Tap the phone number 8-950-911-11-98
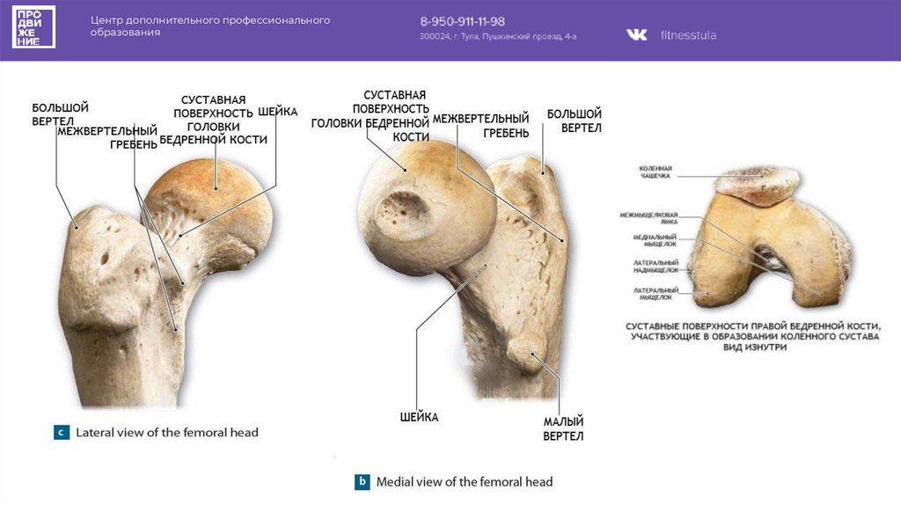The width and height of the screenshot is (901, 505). click(x=462, y=21)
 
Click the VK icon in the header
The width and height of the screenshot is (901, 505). click(x=636, y=35)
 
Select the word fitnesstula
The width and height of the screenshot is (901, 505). click(x=688, y=35)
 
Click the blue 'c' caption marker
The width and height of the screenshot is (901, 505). click(x=62, y=432)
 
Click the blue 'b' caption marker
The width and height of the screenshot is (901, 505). click(x=362, y=481)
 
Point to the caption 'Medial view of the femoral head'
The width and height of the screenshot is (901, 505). click(x=464, y=482)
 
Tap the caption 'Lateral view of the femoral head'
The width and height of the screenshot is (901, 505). click(x=167, y=433)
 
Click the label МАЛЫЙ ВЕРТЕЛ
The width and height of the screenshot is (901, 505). click(x=563, y=428)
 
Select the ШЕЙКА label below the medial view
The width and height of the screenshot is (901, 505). click(x=419, y=416)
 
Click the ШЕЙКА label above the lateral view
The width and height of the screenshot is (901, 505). click(x=278, y=113)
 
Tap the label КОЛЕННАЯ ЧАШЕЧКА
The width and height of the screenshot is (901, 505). click(x=656, y=172)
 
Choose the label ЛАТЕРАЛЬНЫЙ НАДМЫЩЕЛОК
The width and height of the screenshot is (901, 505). click(x=654, y=267)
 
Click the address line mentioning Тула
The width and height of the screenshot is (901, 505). click(x=497, y=37)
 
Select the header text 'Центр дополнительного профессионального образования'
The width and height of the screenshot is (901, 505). click(x=210, y=26)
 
